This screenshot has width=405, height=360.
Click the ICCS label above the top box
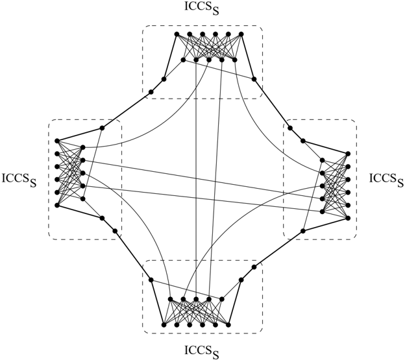click(202, 8)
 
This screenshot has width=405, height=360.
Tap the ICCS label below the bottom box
click(202, 352)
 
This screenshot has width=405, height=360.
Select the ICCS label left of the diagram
click(19, 180)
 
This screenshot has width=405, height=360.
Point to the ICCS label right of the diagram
click(386, 180)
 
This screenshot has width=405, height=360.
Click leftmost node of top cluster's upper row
click(177, 34)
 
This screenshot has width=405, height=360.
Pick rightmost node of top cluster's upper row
click(241, 34)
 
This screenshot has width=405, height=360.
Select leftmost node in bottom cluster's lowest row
click(164, 324)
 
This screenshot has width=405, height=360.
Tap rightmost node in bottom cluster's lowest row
click(228, 324)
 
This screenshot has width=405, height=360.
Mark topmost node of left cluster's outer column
click(57, 141)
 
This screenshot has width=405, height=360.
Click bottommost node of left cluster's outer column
click(57, 205)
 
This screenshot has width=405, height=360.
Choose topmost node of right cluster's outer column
click(348, 154)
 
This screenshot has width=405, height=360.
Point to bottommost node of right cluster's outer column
click(348, 218)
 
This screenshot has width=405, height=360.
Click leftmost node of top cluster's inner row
click(183, 60)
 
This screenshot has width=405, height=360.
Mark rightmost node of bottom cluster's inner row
click(221, 299)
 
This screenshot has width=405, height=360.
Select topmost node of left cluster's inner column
click(83, 147)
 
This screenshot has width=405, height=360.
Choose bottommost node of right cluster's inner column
click(322, 211)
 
